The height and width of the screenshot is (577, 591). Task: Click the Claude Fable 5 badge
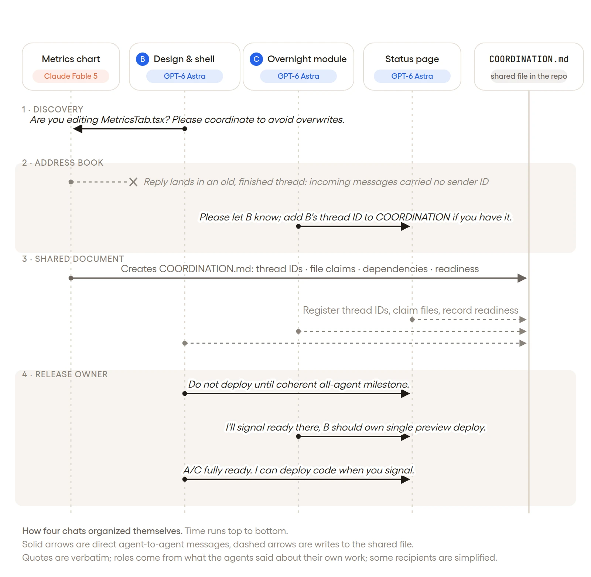point(71,76)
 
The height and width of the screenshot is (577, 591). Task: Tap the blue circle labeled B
point(143,59)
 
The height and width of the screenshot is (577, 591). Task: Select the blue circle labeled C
point(256,59)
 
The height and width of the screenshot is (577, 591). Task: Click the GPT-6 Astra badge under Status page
point(412,76)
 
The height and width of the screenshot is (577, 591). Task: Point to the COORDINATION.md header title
point(529,59)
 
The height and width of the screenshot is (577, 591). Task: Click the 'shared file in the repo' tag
point(529,76)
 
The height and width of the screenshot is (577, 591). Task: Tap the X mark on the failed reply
point(133,182)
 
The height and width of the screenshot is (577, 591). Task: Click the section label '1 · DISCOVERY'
point(52,109)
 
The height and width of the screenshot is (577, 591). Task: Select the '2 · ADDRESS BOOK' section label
point(63,163)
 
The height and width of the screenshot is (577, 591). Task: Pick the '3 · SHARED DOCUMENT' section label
point(73,259)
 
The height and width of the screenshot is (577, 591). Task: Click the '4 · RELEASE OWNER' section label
point(65,374)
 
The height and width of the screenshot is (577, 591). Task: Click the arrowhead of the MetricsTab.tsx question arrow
point(78,129)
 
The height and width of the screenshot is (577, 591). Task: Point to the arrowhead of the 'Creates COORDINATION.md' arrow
point(522,278)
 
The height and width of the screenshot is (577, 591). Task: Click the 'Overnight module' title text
point(307,59)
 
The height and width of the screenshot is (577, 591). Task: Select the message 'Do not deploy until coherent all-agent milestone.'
point(299,385)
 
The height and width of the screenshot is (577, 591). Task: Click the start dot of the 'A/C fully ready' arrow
point(185,479)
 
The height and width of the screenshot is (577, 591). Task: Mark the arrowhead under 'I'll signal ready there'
point(405,436)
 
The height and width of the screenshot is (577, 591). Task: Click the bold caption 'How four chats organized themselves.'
point(102,531)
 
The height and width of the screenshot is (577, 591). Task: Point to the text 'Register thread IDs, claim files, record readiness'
point(411,310)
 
